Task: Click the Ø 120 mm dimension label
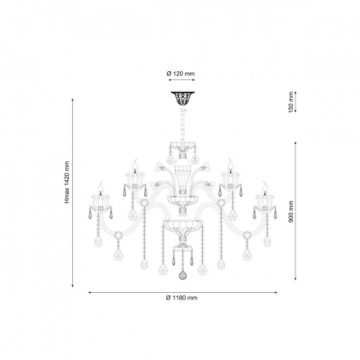tap(181, 74)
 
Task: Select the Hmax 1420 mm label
tap(67, 182)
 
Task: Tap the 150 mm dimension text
tap(290, 102)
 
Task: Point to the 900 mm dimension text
tap(291, 212)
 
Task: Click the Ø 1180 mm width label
tap(182, 298)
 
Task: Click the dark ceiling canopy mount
tap(182, 99)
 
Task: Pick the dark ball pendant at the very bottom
tap(182, 276)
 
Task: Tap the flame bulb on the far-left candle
tap(101, 187)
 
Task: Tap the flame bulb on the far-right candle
tap(264, 187)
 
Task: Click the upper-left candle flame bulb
tap(134, 164)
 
